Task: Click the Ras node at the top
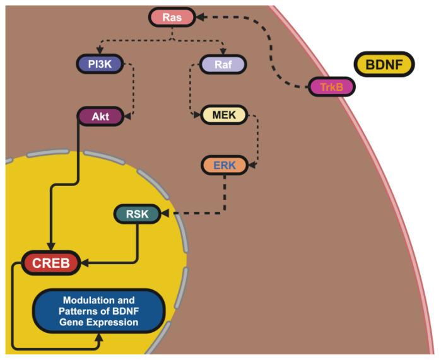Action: (x=172, y=17)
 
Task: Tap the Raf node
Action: (x=222, y=64)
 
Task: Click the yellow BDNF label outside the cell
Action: (x=384, y=64)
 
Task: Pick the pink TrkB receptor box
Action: (x=331, y=87)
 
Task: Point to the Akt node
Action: (x=98, y=117)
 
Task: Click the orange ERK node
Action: (x=225, y=165)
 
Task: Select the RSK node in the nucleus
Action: (x=137, y=214)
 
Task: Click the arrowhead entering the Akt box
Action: (x=126, y=117)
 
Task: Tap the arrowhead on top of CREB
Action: (x=51, y=247)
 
